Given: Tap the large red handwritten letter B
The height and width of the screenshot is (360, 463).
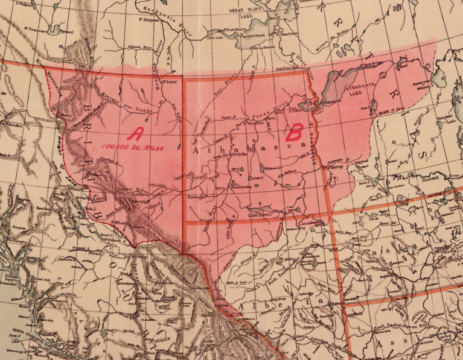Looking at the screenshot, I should click(x=296, y=131).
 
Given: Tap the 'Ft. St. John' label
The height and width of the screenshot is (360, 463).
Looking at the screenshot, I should click(x=158, y=185).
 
